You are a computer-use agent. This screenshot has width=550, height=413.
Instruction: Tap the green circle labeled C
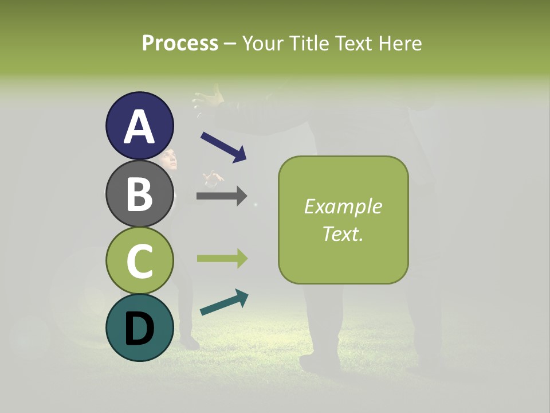click(x=139, y=260)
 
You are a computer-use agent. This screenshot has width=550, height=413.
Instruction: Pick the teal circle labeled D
click(x=139, y=328)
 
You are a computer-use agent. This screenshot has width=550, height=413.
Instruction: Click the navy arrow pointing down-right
click(x=223, y=147)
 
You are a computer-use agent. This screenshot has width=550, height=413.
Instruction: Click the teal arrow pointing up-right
click(x=224, y=302)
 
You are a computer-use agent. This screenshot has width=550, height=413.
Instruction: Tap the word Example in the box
click(x=343, y=206)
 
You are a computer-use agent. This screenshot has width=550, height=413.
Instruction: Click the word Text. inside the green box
click(x=343, y=233)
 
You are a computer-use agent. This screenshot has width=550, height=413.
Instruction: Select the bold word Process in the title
click(x=180, y=43)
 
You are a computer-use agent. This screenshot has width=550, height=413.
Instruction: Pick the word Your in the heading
click(x=263, y=43)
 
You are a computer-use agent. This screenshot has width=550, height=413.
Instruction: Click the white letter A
click(x=139, y=127)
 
